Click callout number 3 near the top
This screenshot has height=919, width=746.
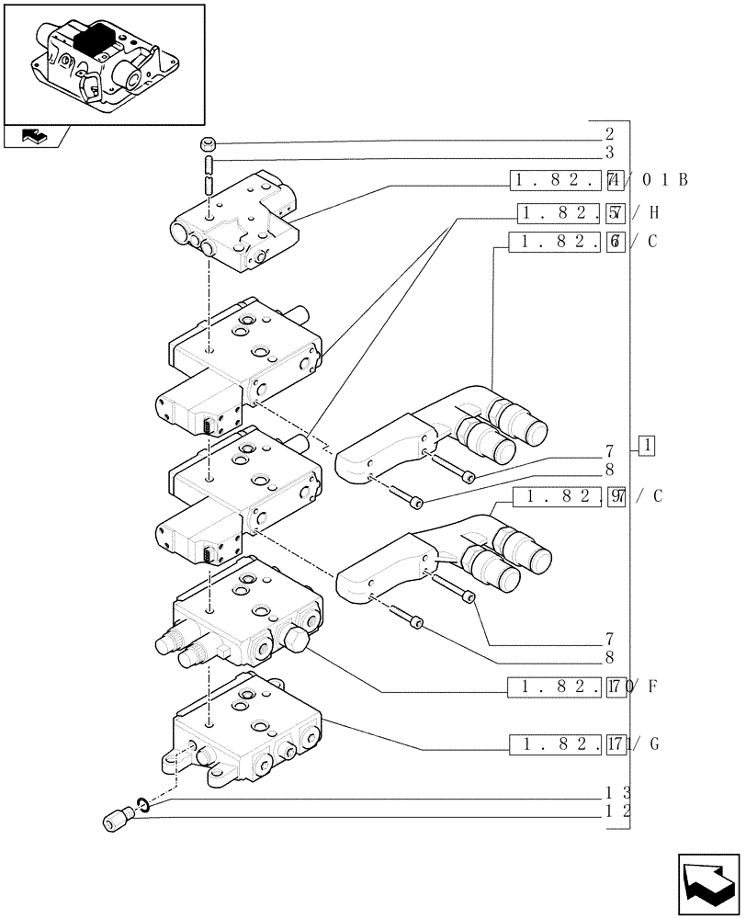tap(609, 152)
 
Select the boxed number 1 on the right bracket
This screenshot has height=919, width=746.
tap(647, 447)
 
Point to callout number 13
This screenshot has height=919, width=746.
tap(616, 792)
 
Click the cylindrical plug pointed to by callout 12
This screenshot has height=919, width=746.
tap(117, 820)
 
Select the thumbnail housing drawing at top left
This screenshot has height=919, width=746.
tap(103, 62)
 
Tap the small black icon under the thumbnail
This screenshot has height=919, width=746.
tap(32, 137)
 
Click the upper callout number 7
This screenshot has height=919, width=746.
tap(609, 451)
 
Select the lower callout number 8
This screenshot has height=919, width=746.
tap(609, 657)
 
